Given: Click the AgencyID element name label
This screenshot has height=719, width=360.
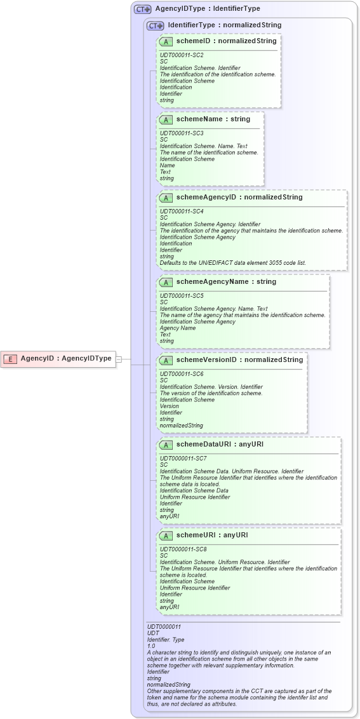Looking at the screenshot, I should tap(65, 358).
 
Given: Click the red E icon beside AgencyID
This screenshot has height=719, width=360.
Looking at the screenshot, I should tap(10, 359).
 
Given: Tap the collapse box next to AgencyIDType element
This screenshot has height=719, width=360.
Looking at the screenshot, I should tap(119, 359).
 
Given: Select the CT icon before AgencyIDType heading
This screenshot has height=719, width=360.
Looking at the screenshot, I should tap(142, 10).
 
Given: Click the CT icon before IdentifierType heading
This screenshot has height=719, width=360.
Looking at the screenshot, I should tap(155, 26).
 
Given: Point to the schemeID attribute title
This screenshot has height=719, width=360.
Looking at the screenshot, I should tap(226, 41).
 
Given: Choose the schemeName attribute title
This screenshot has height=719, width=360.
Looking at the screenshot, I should tap(213, 119).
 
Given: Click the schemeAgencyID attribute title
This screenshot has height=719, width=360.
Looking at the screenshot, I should tap(239, 198).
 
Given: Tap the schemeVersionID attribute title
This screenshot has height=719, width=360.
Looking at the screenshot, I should tap(239, 360).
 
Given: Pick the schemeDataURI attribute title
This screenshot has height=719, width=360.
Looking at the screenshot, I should tap(220, 445).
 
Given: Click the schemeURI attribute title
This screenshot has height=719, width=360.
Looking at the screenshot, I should tap(212, 535).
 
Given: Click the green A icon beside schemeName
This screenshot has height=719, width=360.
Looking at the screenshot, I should tap(166, 119).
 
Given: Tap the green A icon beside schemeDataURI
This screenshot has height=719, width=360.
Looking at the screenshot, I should tap(166, 445).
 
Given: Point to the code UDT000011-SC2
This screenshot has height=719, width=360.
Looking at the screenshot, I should tap(181, 55).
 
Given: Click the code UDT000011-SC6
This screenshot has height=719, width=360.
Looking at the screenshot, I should tap(181, 374).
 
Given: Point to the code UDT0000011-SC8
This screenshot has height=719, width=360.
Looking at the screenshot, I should tap(183, 549).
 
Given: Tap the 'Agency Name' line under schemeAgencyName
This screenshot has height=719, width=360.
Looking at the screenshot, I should tap(178, 328).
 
